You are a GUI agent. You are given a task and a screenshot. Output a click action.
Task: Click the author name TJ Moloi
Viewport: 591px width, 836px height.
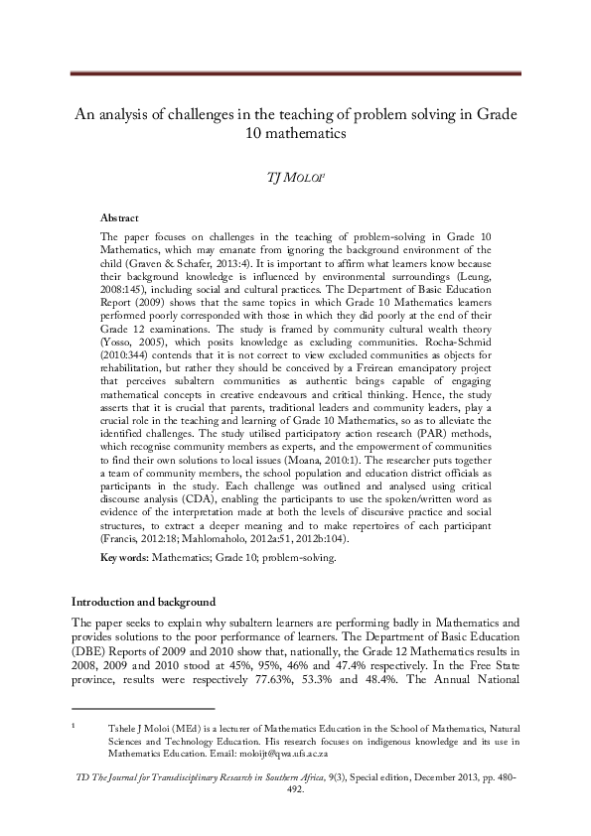click(295, 177)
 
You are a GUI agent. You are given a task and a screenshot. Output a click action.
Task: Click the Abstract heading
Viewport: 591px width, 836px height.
click(120, 217)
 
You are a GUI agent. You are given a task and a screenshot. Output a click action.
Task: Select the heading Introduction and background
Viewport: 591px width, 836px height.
click(142, 603)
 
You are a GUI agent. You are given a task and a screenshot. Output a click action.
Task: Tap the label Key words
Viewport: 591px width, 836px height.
click(124, 558)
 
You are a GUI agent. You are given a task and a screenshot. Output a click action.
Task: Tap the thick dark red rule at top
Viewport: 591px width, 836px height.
click(295, 73)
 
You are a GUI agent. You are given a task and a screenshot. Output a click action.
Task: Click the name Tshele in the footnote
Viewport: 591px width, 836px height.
click(119, 729)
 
